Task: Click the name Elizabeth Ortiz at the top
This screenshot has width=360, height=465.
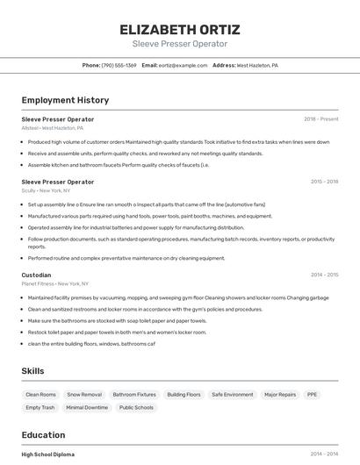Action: pyautogui.click(x=179, y=29)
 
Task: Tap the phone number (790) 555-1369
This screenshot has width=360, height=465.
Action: pyautogui.click(x=119, y=65)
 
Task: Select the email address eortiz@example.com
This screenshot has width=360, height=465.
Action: pyautogui.click(x=183, y=65)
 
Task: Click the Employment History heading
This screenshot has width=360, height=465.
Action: pyautogui.click(x=65, y=100)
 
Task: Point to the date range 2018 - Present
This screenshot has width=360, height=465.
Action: pyautogui.click(x=320, y=119)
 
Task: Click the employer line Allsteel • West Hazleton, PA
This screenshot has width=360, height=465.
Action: pyautogui.click(x=53, y=128)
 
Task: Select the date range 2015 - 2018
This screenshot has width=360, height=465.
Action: pyautogui.click(x=324, y=182)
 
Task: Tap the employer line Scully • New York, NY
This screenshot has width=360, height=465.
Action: pyautogui.click(x=46, y=190)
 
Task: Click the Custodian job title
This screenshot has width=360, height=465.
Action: pyautogui.click(x=36, y=275)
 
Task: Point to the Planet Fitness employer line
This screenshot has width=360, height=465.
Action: pyautogui.click(x=56, y=284)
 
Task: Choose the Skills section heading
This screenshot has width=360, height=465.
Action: pyautogui.click(x=33, y=371)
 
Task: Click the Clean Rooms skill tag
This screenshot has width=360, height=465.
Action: pyautogui.click(x=40, y=395)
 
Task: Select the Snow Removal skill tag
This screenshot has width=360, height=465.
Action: pyautogui.click(x=84, y=395)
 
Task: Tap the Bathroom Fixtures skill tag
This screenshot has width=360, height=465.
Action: pyautogui.click(x=134, y=395)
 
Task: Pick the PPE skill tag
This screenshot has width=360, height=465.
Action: pyautogui.click(x=312, y=395)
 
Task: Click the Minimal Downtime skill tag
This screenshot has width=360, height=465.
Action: pyautogui.click(x=87, y=407)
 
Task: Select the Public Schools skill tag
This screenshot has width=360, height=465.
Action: pyautogui.click(x=136, y=407)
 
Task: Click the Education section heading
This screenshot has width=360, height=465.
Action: pyautogui.click(x=43, y=435)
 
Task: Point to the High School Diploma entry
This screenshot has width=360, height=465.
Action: pyautogui.click(x=47, y=454)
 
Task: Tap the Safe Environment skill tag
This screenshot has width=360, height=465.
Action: pyautogui.click(x=233, y=395)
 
